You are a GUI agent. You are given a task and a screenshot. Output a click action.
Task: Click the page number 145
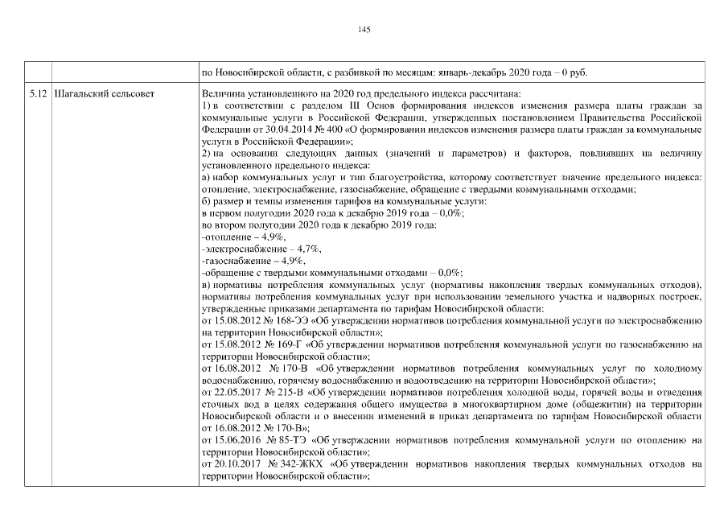364,29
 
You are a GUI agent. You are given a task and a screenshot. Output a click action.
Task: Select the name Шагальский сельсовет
102,94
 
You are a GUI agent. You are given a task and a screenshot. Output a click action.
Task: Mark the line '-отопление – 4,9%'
242,237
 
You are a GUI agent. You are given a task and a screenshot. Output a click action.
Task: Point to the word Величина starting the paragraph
222,94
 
